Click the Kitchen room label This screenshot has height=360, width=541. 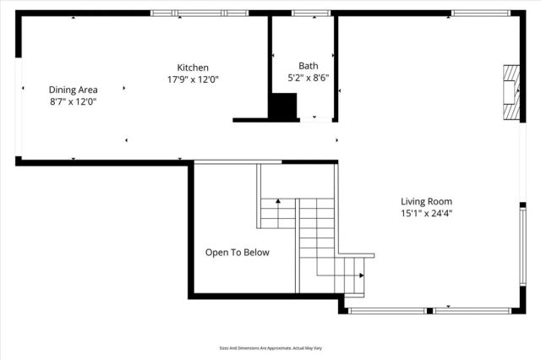pos(193,68)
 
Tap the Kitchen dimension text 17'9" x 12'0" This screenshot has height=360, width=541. pos(193,79)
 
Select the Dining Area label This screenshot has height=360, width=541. pos(73,90)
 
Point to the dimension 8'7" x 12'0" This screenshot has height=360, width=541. pos(73,101)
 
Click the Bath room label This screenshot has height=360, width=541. pos(308,66)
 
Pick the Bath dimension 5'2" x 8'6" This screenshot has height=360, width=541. pos(308,78)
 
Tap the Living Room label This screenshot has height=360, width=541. pos(427,201)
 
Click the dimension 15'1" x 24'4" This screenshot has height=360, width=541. pos(427,214)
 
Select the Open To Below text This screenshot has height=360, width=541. pos(238,252)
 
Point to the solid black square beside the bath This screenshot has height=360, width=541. pos(283,107)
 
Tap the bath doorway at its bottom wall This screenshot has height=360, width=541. pos(321,118)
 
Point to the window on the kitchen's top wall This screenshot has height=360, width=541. pos(199,14)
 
